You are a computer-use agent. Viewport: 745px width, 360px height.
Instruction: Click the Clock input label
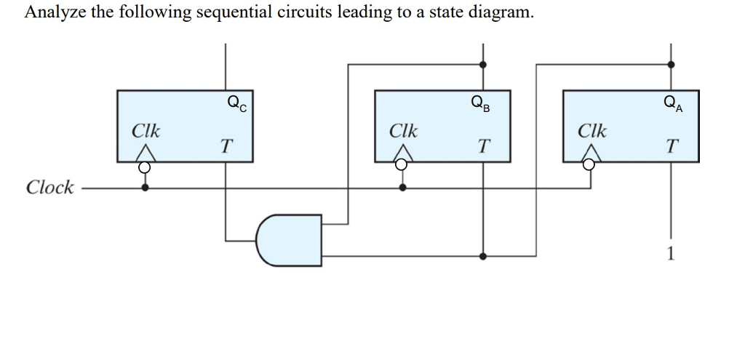49,188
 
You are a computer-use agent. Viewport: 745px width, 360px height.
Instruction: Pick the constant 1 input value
671,254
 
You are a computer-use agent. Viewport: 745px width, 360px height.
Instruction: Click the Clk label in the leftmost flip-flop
146,132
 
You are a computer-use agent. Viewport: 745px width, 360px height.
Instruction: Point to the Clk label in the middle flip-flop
403,132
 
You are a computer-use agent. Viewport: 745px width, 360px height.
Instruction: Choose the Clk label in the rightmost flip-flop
591,132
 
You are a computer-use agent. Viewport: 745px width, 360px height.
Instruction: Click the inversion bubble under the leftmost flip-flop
146,167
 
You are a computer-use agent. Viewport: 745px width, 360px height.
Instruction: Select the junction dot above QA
671,64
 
